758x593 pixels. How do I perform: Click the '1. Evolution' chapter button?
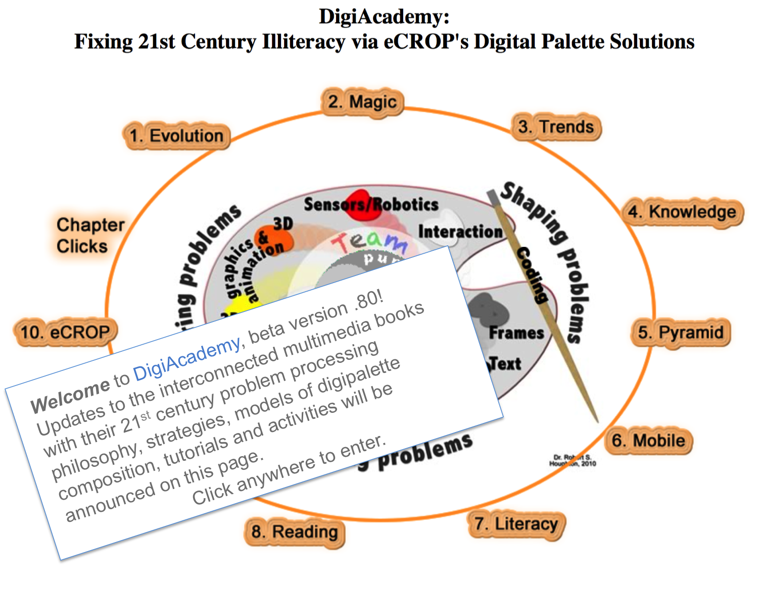176,136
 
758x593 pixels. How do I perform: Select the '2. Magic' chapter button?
362,102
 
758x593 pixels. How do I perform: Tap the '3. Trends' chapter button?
556,127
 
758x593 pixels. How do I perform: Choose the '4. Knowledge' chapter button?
682,212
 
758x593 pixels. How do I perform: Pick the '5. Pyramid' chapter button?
681,333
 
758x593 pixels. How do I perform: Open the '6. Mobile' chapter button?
648,441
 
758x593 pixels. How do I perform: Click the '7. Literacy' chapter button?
516,524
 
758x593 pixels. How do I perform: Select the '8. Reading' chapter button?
295,532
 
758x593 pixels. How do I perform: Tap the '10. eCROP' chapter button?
65,333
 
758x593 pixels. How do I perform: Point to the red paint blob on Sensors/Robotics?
362,205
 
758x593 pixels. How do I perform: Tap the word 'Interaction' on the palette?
460,232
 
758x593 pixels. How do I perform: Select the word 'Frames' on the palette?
516,333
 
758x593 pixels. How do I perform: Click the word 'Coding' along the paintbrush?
532,275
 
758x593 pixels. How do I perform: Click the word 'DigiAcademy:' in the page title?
384,17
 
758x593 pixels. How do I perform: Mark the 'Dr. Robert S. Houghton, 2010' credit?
573,460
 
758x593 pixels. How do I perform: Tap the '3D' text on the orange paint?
283,224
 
